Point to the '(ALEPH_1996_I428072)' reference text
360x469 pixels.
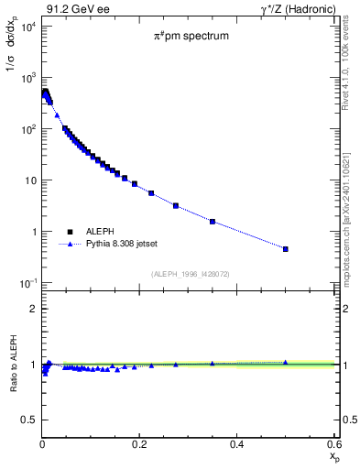190,273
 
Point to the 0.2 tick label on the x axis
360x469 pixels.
139,443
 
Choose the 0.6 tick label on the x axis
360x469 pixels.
333,443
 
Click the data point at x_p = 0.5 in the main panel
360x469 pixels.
286,249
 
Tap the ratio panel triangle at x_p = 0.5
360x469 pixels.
286,362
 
